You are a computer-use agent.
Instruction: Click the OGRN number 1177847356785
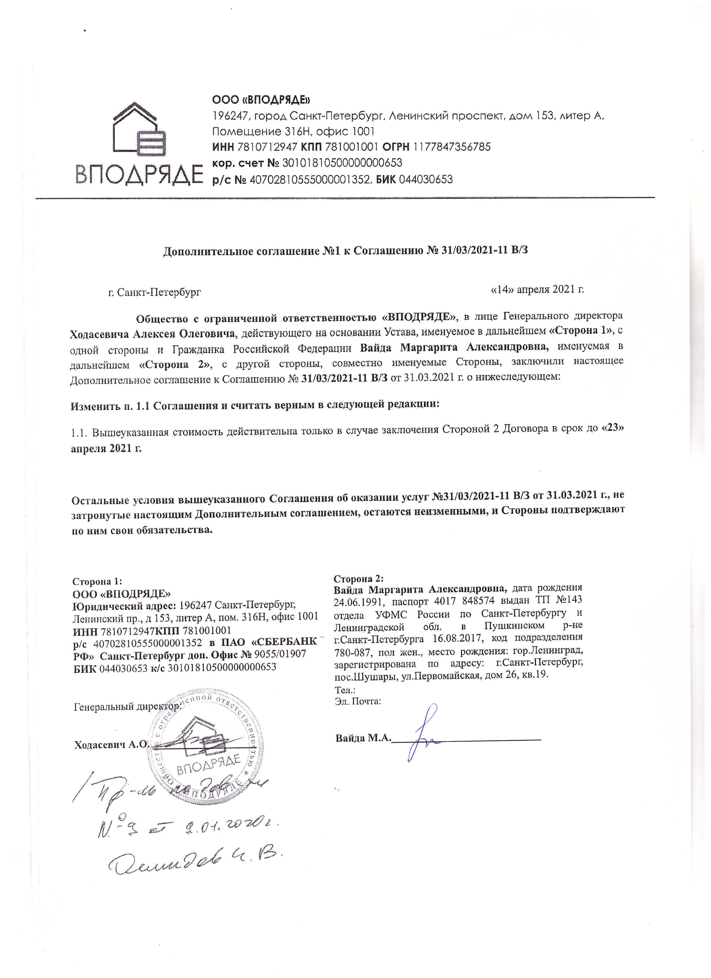(452, 147)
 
